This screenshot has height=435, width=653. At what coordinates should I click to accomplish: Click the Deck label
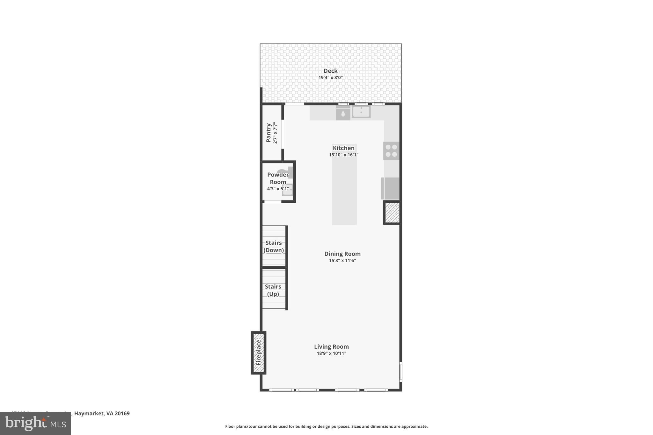pos(330,71)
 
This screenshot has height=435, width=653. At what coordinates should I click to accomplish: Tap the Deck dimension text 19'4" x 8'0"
pos(330,77)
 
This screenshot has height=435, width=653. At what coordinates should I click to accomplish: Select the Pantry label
pos(268,133)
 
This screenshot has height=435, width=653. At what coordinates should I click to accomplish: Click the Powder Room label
pos(278,178)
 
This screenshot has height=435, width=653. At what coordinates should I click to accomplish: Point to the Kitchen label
pos(343,148)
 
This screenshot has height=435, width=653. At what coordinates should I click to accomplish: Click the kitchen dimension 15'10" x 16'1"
pos(343,155)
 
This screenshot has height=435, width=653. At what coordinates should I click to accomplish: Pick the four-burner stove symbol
pos(391,151)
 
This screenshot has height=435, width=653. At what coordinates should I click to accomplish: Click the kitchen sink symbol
pos(361,112)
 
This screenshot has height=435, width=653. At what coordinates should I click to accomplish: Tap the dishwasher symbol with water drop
pos(343,113)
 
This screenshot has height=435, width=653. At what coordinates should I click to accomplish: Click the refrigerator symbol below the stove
pos(391,188)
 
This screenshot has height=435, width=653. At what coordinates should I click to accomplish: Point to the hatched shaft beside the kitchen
pos(392,213)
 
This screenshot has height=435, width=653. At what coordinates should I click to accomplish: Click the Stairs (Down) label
pos(274,246)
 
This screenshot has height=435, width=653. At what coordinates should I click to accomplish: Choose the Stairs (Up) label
pos(273,290)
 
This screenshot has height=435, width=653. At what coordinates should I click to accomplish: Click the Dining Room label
pos(342,254)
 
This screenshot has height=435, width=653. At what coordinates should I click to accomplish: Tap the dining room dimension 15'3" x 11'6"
pos(342,260)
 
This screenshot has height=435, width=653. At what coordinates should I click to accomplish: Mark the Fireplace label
pos(259,352)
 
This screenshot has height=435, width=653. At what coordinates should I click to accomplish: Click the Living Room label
pos(331,346)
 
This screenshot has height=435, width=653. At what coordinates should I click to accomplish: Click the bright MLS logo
pos(35,423)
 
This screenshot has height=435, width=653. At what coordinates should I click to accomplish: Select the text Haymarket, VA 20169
pos(102,413)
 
